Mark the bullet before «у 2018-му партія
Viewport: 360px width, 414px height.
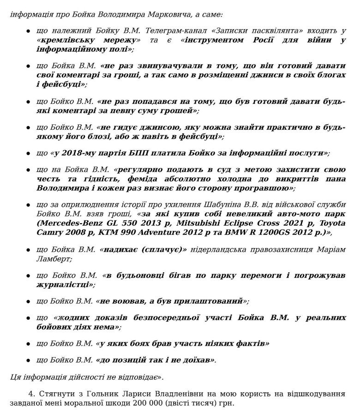tap(28, 153)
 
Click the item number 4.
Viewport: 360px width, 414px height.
tap(30, 394)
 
